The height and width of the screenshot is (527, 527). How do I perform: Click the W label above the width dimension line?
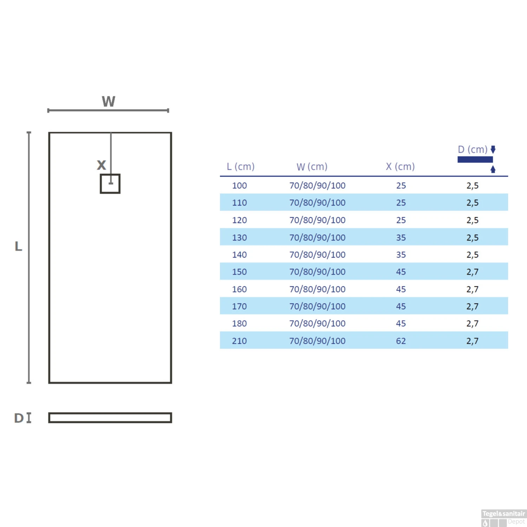(x=109, y=101)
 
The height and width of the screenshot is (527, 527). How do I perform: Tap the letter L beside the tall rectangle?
(x=18, y=246)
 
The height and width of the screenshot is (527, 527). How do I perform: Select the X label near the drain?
(x=101, y=165)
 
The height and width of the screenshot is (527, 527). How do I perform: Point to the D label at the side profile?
(x=19, y=418)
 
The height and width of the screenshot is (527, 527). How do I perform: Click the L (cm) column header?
(x=241, y=167)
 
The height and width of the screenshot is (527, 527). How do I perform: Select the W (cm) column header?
(x=312, y=167)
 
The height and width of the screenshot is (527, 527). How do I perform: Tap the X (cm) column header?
(x=400, y=167)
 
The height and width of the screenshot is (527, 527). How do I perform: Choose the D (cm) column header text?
(x=473, y=150)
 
